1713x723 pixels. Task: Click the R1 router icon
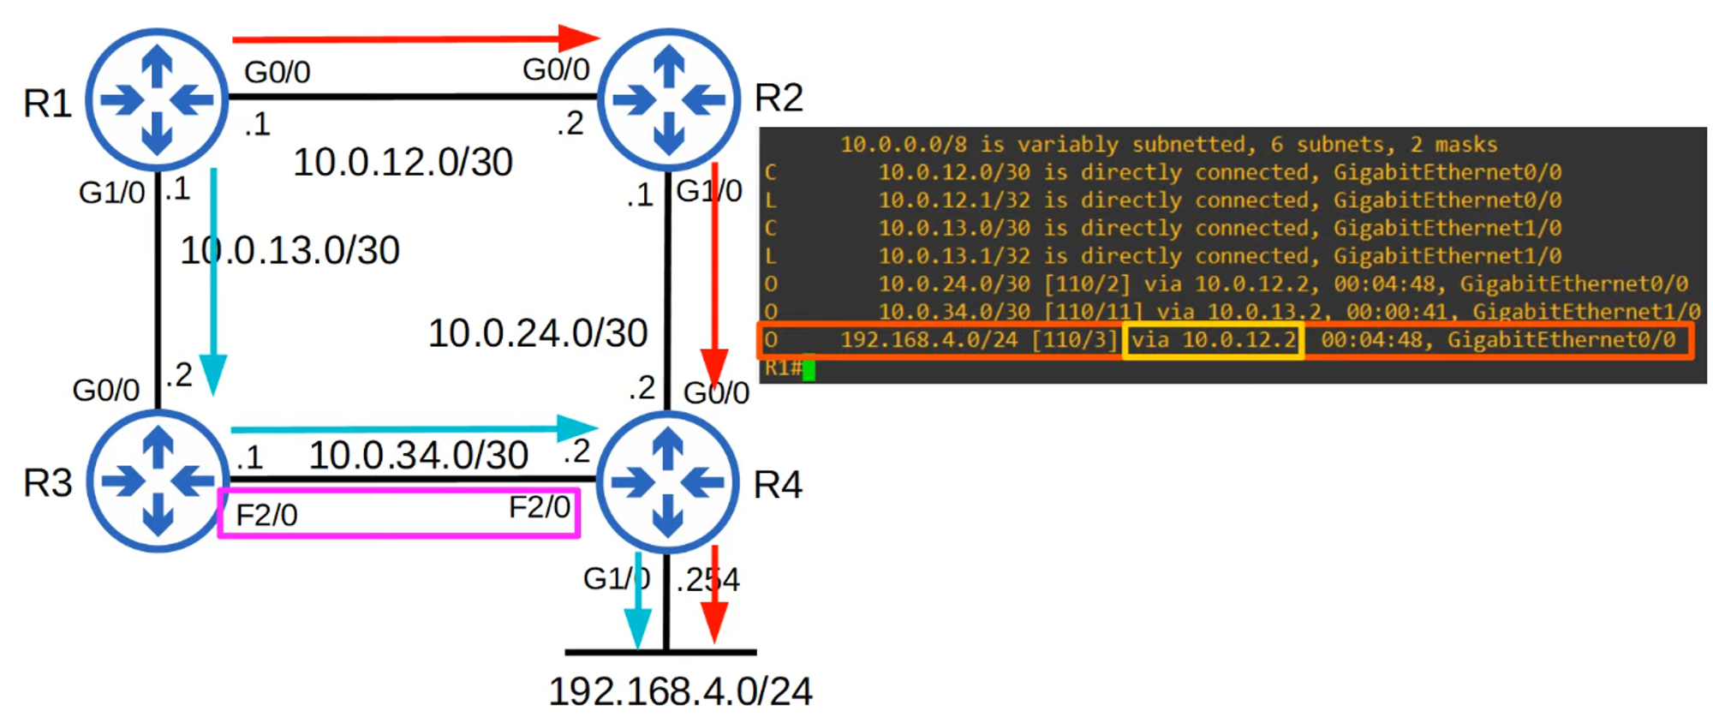pyautogui.click(x=157, y=99)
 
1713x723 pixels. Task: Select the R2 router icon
pyautogui.click(x=668, y=99)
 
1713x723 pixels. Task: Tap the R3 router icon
pyautogui.click(x=157, y=481)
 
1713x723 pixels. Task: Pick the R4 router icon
pyautogui.click(x=667, y=481)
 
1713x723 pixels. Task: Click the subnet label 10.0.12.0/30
pyautogui.click(x=403, y=162)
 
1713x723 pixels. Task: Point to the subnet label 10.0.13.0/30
pyautogui.click(x=289, y=250)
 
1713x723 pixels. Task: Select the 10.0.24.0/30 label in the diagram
pyautogui.click(x=538, y=333)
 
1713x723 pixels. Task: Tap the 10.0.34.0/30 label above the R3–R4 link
pyautogui.click(x=418, y=455)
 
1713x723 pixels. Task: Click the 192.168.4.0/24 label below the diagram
pyautogui.click(x=680, y=691)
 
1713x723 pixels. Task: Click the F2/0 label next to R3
pyautogui.click(x=266, y=515)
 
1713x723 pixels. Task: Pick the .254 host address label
pyautogui.click(x=707, y=580)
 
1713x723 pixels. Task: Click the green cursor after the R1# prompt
pyautogui.click(x=809, y=369)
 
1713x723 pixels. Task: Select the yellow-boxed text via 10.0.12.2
pyautogui.click(x=1213, y=340)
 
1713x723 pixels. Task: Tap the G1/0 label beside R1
pyautogui.click(x=111, y=193)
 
